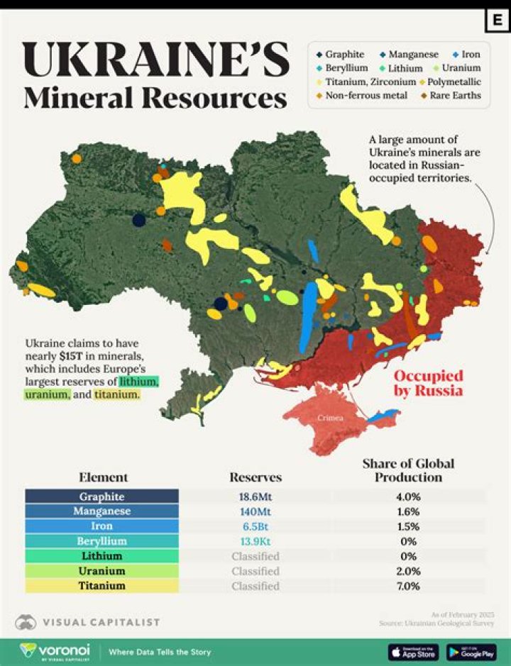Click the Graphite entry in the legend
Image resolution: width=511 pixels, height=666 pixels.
pyautogui.click(x=344, y=54)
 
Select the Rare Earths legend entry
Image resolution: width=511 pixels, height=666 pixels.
pyautogui.click(x=455, y=95)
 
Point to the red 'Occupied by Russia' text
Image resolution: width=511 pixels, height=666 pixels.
pyautogui.click(x=428, y=383)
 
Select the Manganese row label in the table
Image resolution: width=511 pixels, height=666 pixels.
pyautogui.click(x=101, y=511)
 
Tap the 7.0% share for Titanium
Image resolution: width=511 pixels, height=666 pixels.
pyautogui.click(x=408, y=586)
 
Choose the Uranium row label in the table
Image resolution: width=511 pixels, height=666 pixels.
pyautogui.click(x=101, y=571)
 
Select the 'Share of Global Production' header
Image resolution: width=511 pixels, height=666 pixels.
pyautogui.click(x=408, y=470)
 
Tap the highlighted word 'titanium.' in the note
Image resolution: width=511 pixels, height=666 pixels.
pyautogui.click(x=117, y=394)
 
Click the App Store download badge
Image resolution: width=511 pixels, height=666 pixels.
pyautogui.click(x=413, y=651)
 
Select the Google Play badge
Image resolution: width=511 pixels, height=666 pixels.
pyautogui.click(x=471, y=651)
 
